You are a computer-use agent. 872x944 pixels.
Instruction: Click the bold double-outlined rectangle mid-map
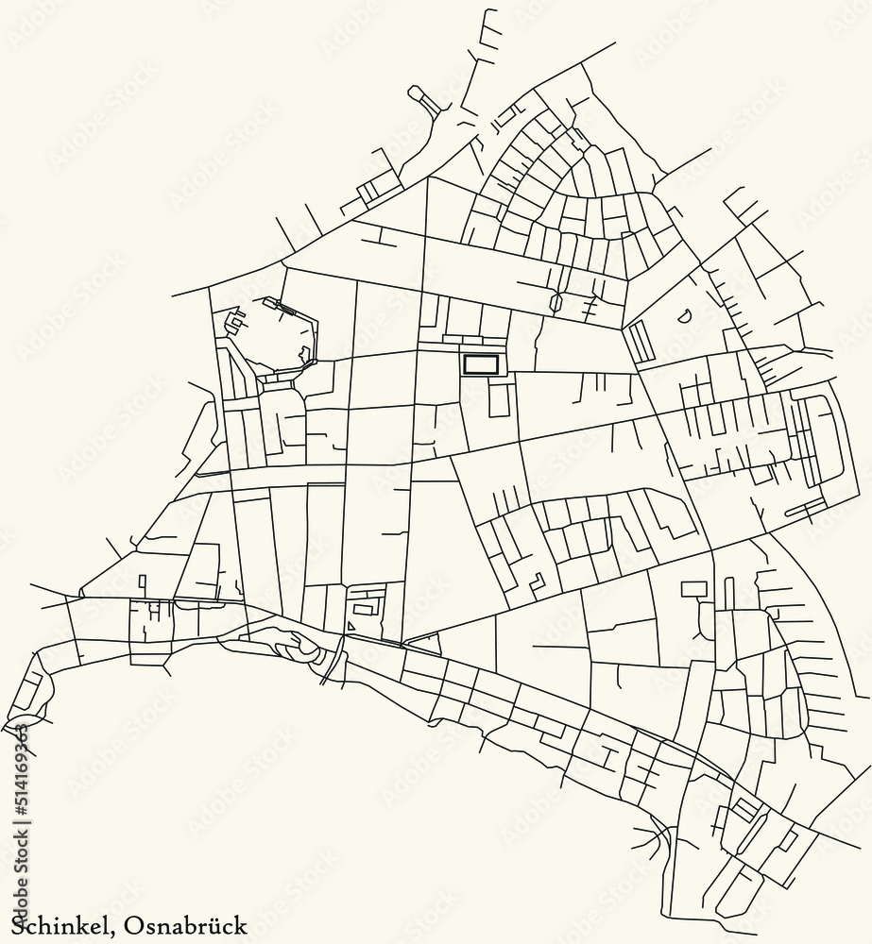481,364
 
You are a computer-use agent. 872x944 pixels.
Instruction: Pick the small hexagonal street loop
556,303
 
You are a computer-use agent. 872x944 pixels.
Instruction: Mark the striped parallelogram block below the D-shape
641,341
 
